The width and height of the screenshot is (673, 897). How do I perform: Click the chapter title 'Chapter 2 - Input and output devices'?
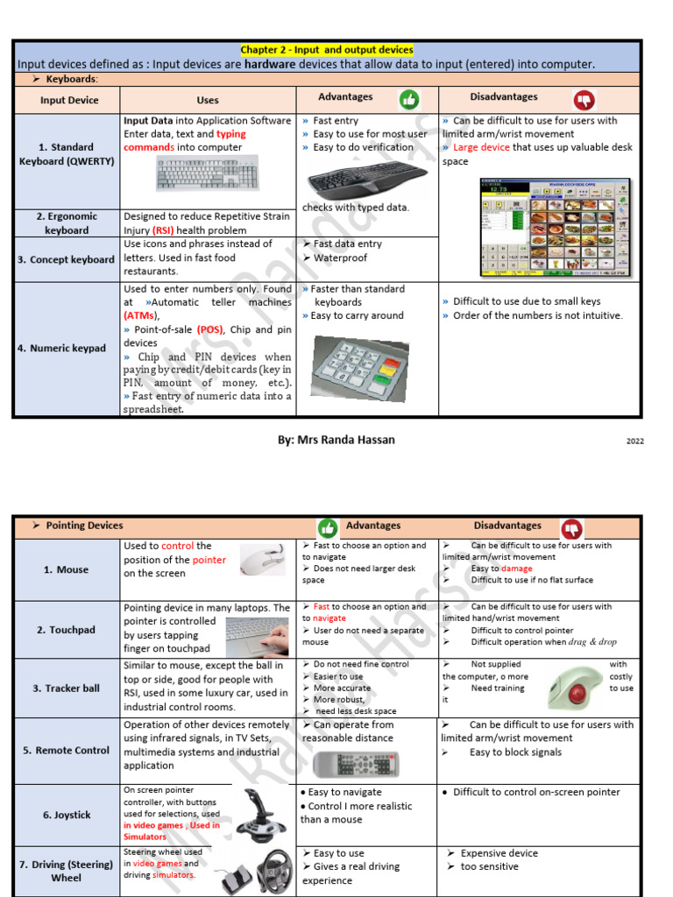pyautogui.click(x=327, y=50)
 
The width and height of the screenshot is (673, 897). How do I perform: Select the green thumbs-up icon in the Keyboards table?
pyautogui.click(x=409, y=99)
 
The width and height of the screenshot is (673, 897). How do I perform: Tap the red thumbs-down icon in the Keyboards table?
pyautogui.click(x=584, y=99)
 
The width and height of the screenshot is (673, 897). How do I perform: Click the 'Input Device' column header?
pyautogui.click(x=69, y=100)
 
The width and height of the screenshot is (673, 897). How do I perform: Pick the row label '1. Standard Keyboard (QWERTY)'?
pyautogui.click(x=67, y=154)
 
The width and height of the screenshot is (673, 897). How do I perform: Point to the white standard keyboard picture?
pyautogui.click(x=207, y=173)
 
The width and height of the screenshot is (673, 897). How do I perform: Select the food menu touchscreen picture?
pyautogui.click(x=554, y=228)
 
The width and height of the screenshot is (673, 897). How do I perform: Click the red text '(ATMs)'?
pyautogui.click(x=140, y=315)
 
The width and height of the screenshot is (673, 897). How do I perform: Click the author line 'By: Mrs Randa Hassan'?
pyautogui.click(x=336, y=440)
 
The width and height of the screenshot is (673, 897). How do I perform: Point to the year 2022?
pyautogui.click(x=634, y=441)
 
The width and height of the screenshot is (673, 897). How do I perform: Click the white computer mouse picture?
pyautogui.click(x=263, y=560)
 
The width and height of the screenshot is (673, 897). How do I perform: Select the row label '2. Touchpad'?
pyautogui.click(x=66, y=630)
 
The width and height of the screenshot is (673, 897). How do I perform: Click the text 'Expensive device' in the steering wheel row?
pyautogui.click(x=499, y=853)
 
